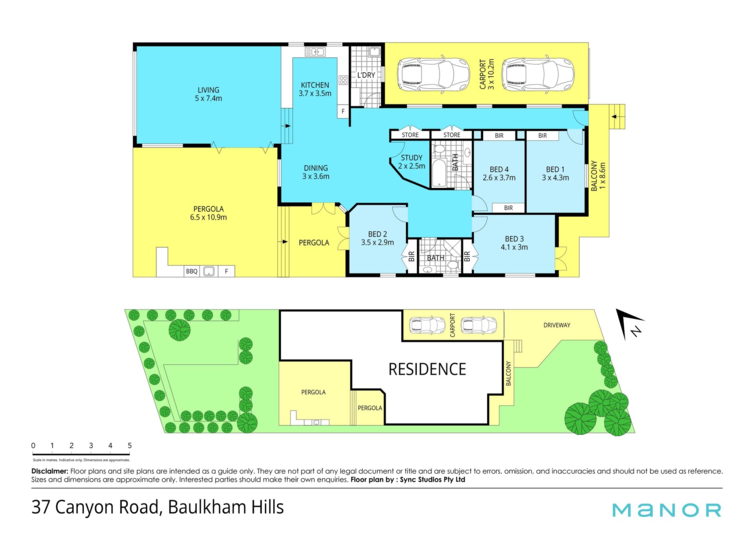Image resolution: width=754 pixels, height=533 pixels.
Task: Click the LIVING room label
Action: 209,94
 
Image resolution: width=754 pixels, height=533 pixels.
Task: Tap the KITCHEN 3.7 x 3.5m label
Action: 315,89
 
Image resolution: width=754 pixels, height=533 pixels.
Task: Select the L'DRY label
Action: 366,75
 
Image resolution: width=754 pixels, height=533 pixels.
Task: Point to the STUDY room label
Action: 412,162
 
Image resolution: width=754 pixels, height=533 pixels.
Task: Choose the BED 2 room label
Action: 377,238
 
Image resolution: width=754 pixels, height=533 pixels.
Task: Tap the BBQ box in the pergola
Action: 192,271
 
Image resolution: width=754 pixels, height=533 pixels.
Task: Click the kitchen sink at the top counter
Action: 315,51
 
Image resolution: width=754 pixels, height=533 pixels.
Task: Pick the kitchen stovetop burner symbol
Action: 343,80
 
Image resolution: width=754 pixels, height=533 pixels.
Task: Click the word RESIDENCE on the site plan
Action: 427,369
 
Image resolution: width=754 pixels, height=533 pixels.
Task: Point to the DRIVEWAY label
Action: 557,325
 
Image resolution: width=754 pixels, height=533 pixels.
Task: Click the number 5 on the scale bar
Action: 130,446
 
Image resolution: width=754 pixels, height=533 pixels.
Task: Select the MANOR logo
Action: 667,510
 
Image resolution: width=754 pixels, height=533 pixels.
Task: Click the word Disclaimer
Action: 50,471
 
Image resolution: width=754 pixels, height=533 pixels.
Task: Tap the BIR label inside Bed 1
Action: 542,136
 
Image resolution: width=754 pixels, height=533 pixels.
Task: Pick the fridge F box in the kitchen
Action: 343,111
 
